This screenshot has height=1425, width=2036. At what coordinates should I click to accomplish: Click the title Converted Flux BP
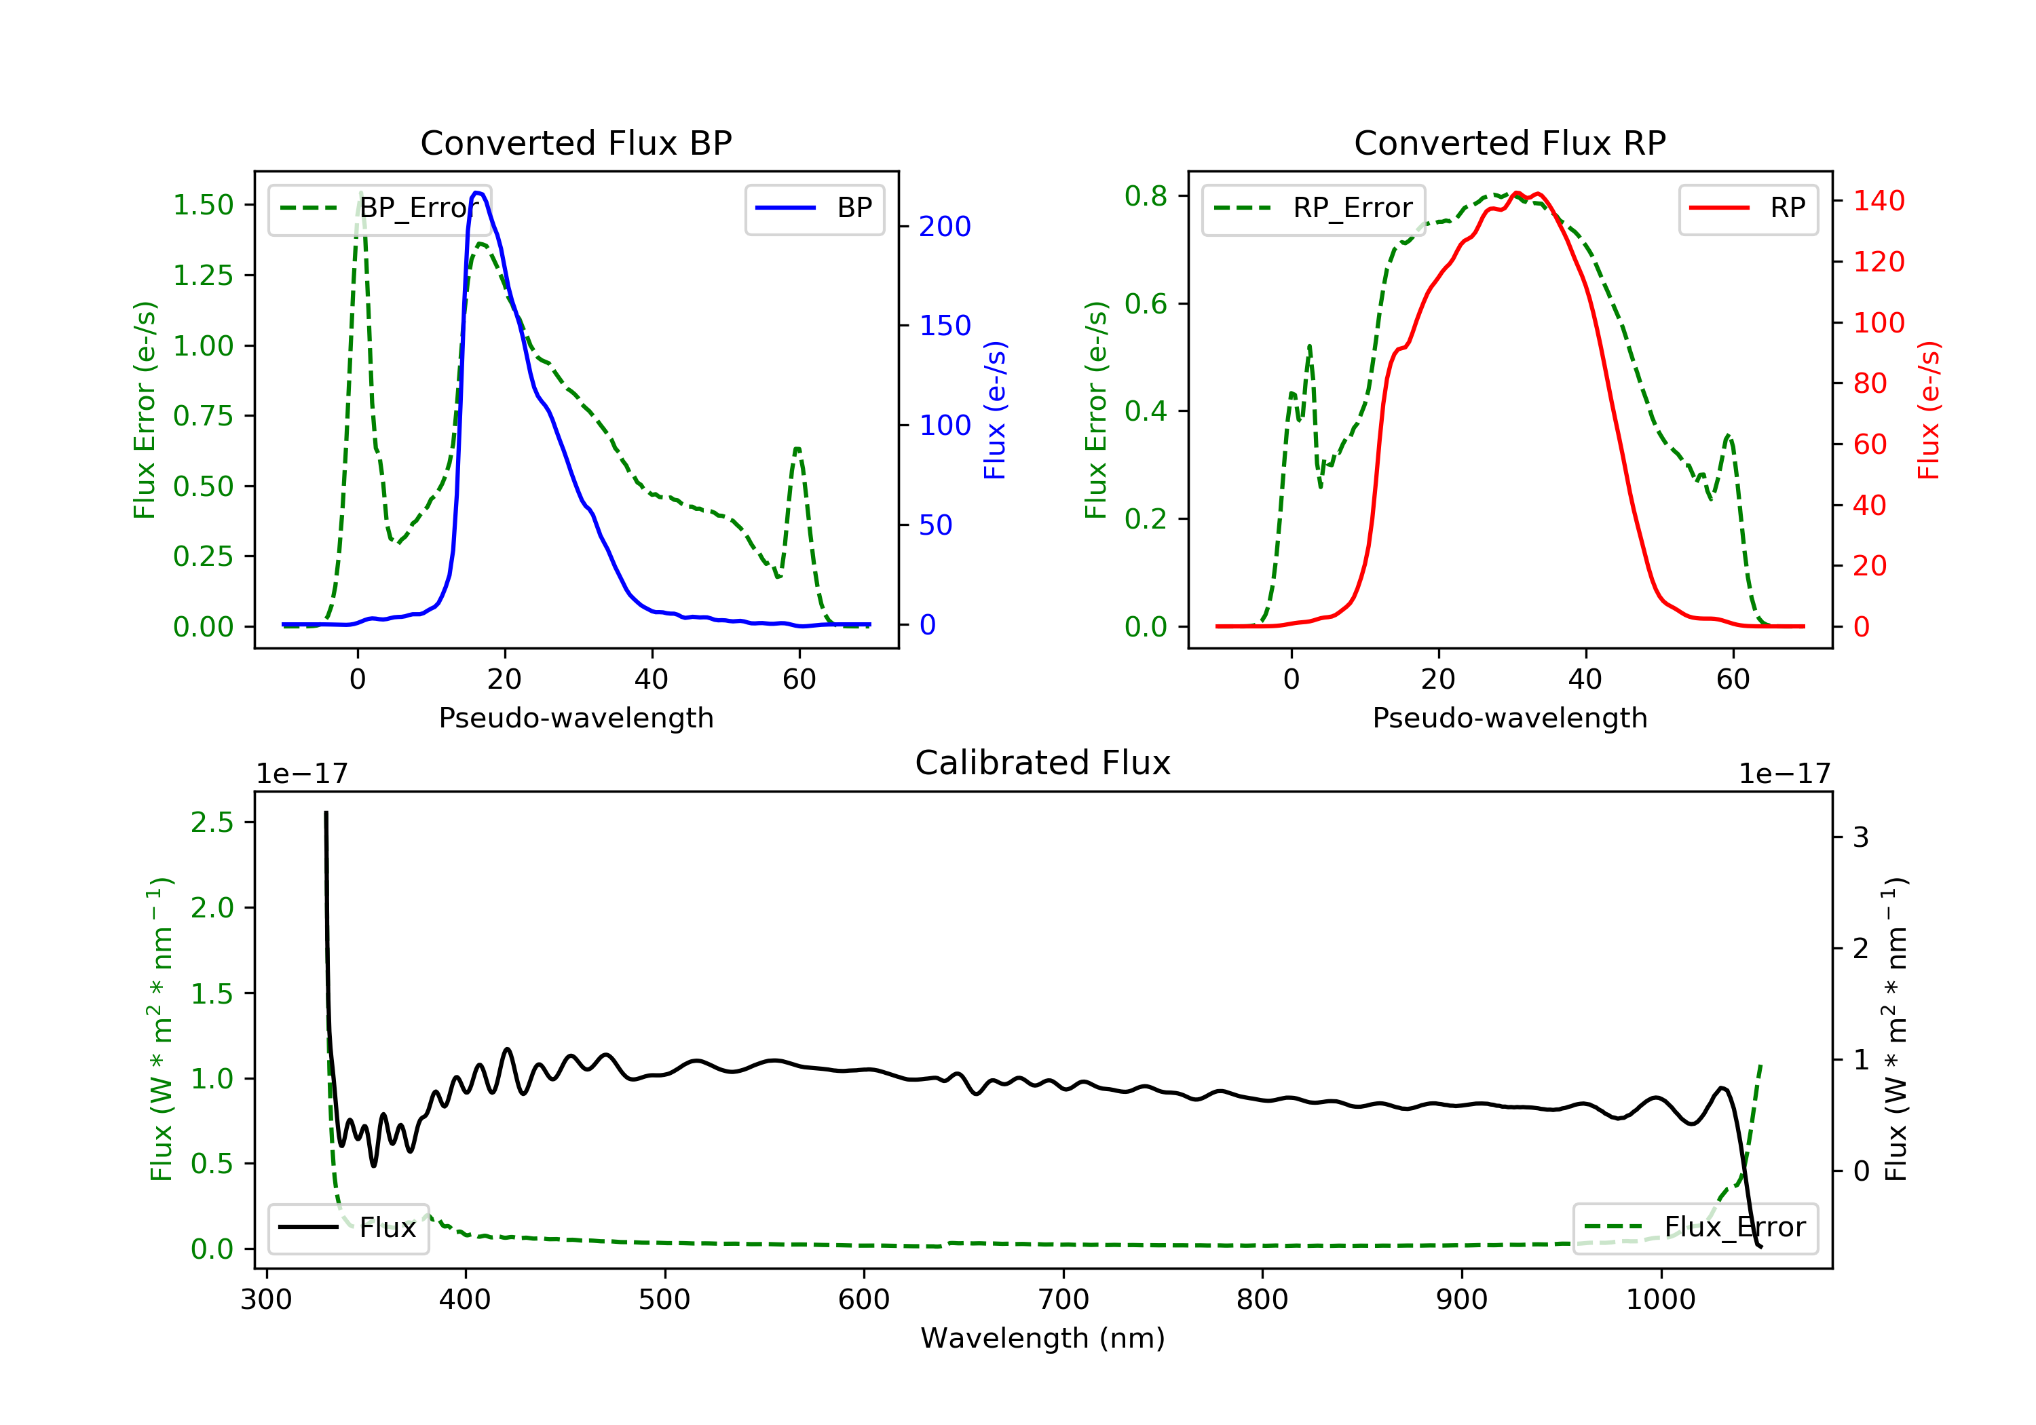coord(576,142)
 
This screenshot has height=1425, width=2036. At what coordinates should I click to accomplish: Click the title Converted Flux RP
coord(1509,142)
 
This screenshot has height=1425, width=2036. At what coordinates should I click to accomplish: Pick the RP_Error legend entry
coord(1314,208)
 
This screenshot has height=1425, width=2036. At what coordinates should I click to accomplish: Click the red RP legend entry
coord(1749,208)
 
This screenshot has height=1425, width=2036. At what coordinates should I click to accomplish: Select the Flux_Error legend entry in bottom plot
coord(1695,1228)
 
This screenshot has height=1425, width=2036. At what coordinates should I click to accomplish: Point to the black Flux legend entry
coord(349,1228)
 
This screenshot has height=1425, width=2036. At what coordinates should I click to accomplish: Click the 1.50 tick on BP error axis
coord(203,205)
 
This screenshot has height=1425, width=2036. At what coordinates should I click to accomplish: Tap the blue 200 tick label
coord(945,227)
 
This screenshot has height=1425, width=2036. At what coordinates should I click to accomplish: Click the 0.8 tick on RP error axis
coord(1146,196)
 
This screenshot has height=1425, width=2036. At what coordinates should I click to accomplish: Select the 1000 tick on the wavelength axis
coord(1660,1300)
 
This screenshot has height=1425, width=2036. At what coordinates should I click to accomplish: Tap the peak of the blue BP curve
coord(477,193)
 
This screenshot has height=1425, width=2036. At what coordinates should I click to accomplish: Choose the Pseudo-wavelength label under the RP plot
coord(1509,717)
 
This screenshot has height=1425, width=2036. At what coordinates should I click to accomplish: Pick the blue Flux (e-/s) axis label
coord(995,410)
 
